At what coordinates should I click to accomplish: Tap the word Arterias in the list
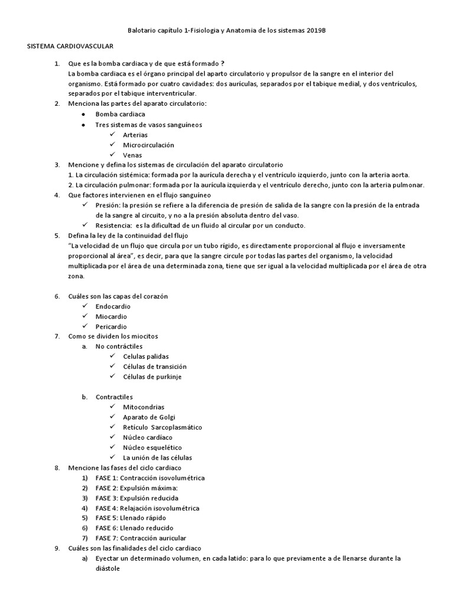coord(135,135)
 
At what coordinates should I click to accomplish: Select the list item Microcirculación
coord(148,145)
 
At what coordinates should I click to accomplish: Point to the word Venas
coord(132,155)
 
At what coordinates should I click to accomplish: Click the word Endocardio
coord(113,307)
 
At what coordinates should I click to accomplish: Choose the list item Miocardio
coord(111,317)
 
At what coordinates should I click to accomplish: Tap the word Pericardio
coord(111,327)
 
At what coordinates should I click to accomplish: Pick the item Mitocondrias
coord(144,407)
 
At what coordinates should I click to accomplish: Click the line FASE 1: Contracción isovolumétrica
coord(150,478)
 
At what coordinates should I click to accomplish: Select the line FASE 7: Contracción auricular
coord(141,538)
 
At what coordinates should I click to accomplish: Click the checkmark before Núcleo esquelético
coord(112,447)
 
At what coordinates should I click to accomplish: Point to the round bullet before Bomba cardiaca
coord(83,114)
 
